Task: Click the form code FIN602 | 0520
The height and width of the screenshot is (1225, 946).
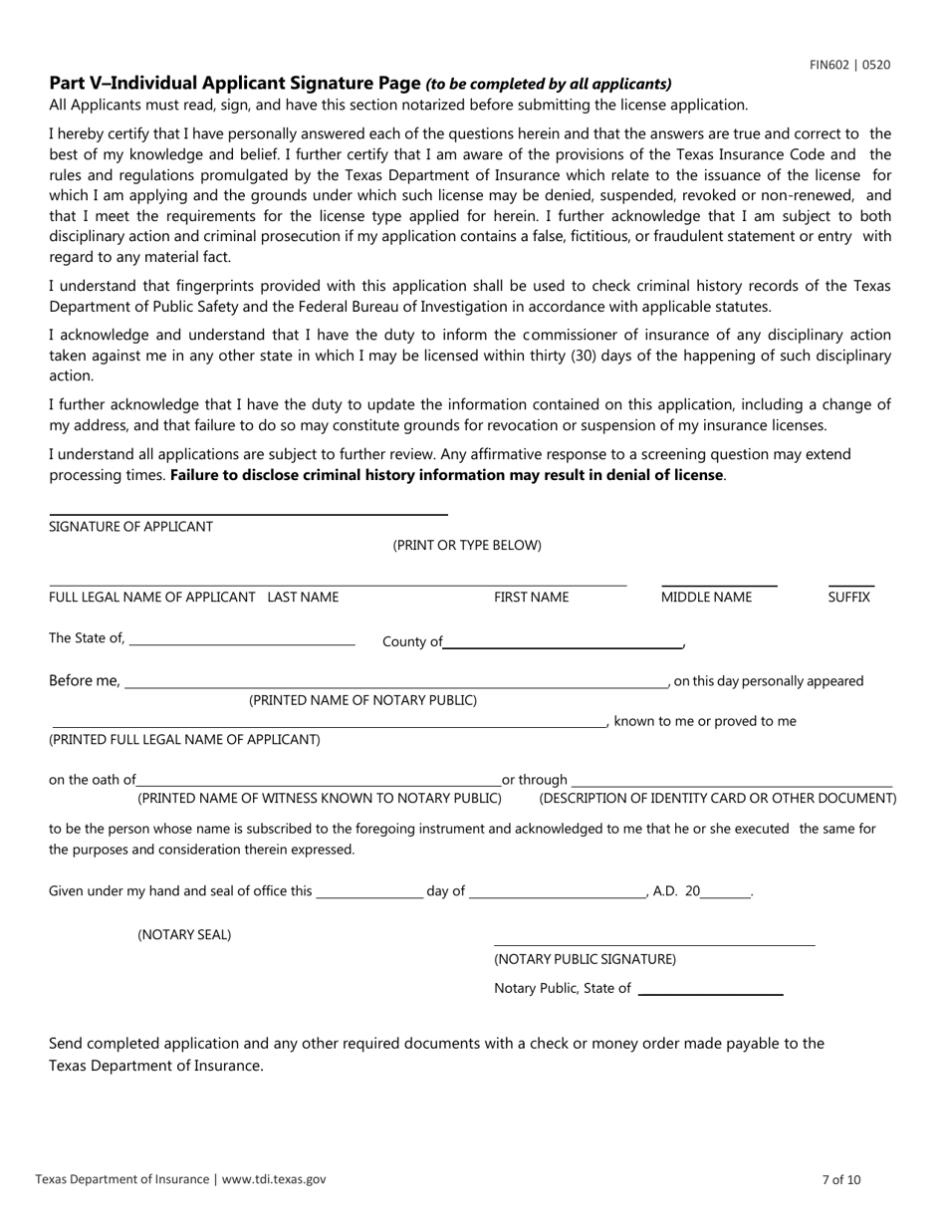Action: pyautogui.click(x=849, y=65)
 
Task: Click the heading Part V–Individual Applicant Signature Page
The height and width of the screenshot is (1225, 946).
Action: pyautogui.click(x=235, y=84)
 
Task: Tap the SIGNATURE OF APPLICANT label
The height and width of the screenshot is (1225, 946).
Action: pyautogui.click(x=130, y=526)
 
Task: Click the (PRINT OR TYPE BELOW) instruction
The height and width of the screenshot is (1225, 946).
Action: pyautogui.click(x=467, y=545)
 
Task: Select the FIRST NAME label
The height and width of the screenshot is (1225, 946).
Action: pyautogui.click(x=531, y=598)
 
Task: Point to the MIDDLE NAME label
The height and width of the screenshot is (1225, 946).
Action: pyautogui.click(x=706, y=598)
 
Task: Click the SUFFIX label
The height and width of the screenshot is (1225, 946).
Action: pyautogui.click(x=848, y=598)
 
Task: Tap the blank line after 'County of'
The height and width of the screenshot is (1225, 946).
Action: pyautogui.click(x=563, y=642)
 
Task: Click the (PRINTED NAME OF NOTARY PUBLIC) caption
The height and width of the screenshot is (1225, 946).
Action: pyautogui.click(x=362, y=700)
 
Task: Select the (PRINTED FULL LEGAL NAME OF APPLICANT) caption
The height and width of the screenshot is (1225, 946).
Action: pyautogui.click(x=184, y=739)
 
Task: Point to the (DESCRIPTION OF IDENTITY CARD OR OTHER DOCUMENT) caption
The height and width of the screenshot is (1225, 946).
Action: pyautogui.click(x=717, y=798)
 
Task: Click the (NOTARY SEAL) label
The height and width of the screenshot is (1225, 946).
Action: pyautogui.click(x=184, y=934)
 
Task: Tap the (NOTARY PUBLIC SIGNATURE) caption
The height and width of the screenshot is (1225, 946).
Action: pyautogui.click(x=585, y=959)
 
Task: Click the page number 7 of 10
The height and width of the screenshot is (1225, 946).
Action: pyautogui.click(x=841, y=1179)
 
